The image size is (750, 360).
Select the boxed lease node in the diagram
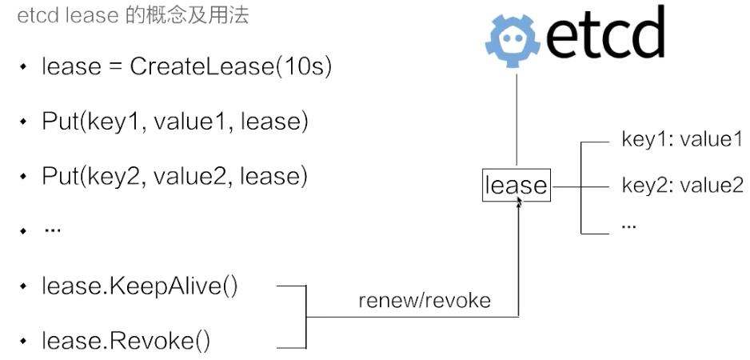pyautogui.click(x=517, y=186)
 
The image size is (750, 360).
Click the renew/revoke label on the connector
pyautogui.click(x=424, y=302)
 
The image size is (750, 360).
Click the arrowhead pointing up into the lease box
pyautogui.click(x=519, y=205)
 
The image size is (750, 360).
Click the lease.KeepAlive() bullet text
pyautogui.click(x=140, y=286)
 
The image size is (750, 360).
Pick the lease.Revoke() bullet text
pyautogui.click(x=126, y=342)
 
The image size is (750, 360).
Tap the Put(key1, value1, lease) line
pyautogui.click(x=175, y=122)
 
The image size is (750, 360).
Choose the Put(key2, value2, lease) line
pyautogui.click(x=175, y=176)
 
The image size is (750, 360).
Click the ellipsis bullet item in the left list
pyautogui.click(x=53, y=230)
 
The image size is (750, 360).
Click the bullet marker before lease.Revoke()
pyautogui.click(x=24, y=342)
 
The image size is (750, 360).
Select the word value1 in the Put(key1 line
pyautogui.click(x=193, y=122)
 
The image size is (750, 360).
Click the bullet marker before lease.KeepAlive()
pyautogui.click(x=24, y=286)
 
